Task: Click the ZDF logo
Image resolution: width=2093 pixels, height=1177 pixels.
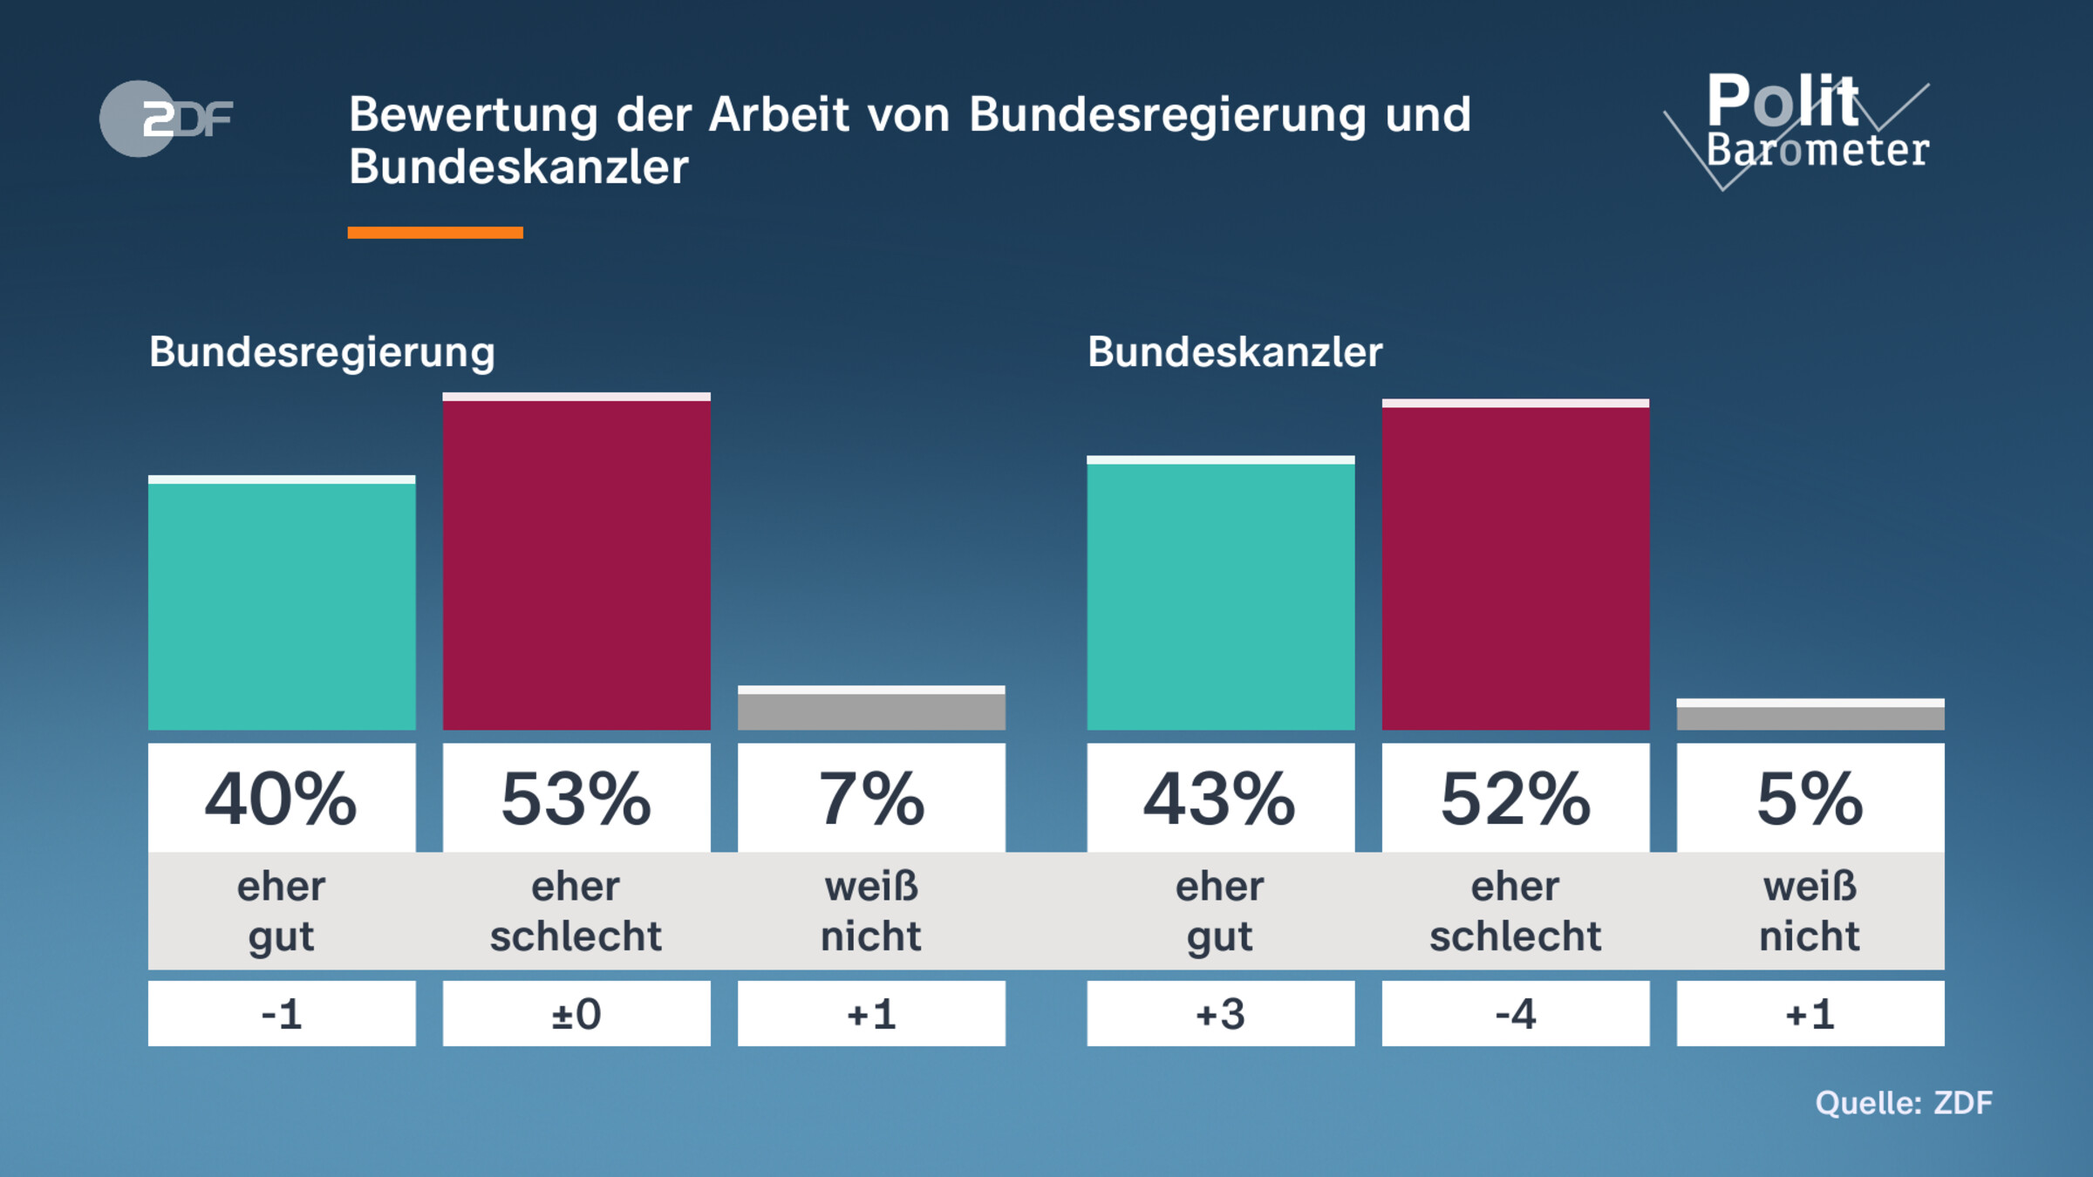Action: (166, 119)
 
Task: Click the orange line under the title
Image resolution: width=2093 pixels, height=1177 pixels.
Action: (435, 233)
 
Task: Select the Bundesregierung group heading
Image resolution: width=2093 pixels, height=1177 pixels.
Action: (322, 352)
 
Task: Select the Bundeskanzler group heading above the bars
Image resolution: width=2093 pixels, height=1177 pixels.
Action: (1234, 352)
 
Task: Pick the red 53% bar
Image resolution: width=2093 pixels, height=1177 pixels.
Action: (576, 562)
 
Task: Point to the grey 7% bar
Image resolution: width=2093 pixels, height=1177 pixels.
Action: (871, 709)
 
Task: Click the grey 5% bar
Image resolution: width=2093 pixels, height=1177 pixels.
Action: (1810, 715)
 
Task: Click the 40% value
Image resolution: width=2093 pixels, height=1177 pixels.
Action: (282, 799)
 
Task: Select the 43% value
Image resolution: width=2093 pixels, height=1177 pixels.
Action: (1220, 799)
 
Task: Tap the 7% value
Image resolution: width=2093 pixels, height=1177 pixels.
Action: (871, 799)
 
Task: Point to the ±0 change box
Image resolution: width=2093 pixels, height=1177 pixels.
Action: (576, 1014)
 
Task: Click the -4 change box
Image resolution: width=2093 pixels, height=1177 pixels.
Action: (1515, 1014)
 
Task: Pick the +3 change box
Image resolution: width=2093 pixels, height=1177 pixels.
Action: (1220, 1014)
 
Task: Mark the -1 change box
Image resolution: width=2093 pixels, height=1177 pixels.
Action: (282, 1014)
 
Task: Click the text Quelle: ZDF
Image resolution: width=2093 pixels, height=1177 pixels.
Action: (1904, 1103)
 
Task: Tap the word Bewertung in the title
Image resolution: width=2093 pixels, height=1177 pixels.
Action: (474, 114)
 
